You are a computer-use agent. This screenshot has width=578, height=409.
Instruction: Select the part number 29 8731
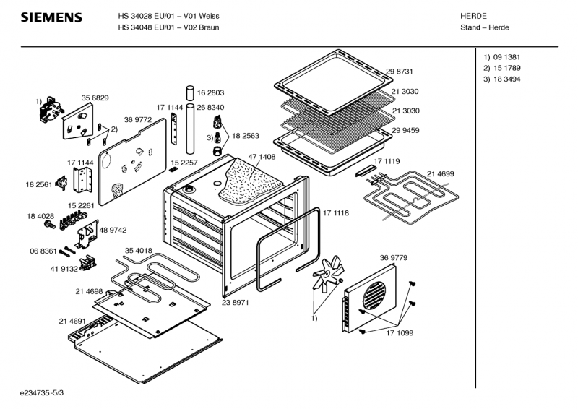pos(400,71)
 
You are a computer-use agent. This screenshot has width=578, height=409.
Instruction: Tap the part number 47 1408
pos(262,157)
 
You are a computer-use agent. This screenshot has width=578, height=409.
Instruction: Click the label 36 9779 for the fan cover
pos(393,257)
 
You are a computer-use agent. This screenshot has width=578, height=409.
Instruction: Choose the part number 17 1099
pos(400,332)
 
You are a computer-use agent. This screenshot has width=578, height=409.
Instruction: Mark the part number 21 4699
pos(440,174)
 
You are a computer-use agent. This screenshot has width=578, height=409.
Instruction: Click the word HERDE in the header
pos(473,16)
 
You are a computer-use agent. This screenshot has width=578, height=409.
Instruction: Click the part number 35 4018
pos(138,251)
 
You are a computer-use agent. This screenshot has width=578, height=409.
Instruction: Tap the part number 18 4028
pos(41,216)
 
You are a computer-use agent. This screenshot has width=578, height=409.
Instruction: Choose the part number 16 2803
pos(211,92)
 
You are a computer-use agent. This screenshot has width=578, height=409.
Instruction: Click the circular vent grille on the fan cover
pos(376,296)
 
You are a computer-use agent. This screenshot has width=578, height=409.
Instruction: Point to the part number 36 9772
pos(137,119)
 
